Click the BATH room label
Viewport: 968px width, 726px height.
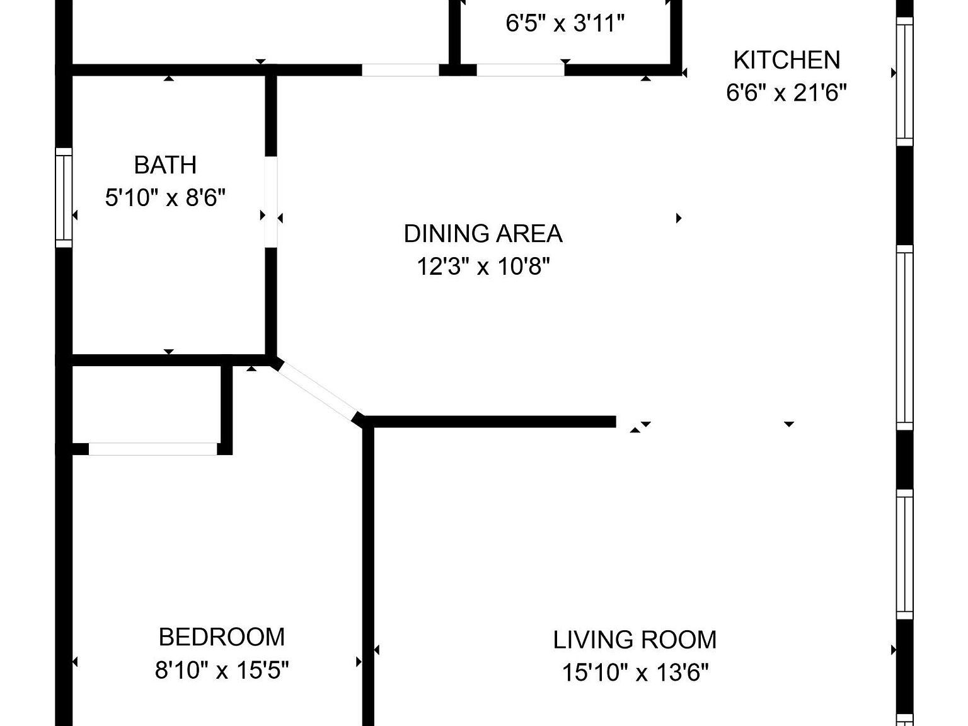pos(165,165)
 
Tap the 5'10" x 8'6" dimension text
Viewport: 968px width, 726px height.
pos(165,199)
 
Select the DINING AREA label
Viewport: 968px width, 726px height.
pos(483,234)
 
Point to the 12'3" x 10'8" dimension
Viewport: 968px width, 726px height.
pos(483,267)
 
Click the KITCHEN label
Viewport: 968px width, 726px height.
pos(786,60)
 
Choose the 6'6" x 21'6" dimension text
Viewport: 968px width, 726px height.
pos(786,93)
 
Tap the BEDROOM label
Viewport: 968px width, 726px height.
pos(222,637)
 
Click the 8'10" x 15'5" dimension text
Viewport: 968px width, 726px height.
pos(222,670)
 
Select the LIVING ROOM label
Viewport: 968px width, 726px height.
pos(635,640)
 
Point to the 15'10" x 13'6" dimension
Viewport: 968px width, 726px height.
pos(635,673)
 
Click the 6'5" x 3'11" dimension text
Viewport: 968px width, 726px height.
pos(565,24)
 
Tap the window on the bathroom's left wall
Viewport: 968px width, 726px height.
pos(64,197)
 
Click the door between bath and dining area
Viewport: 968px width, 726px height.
pos(271,202)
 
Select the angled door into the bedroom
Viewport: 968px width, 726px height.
pos(316,391)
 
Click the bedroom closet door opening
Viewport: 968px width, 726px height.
pos(153,449)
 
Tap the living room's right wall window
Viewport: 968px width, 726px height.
pos(904,555)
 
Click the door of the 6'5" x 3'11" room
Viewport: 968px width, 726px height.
pos(520,69)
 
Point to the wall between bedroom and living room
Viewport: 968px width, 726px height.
pos(369,567)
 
